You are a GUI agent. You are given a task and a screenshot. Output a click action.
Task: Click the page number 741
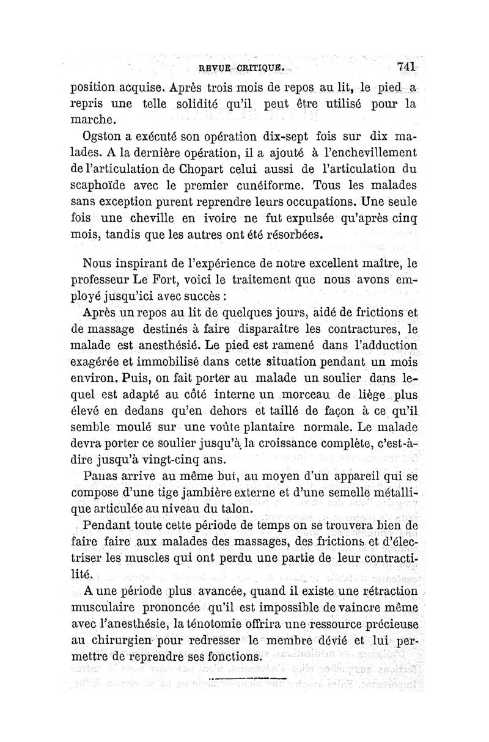[406, 66]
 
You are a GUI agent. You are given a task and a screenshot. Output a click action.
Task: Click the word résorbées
[288, 235]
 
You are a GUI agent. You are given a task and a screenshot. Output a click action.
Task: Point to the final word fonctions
[227, 657]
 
